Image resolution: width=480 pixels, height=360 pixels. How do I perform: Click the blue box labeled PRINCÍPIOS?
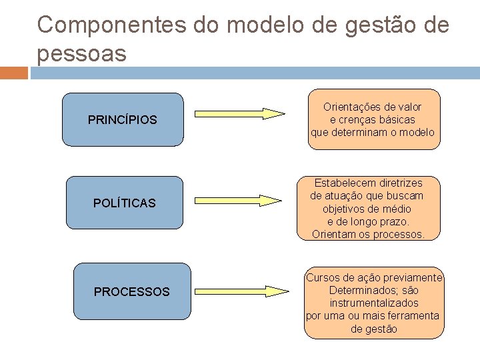pos(123,120)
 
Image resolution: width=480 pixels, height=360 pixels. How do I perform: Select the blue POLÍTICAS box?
pos(125,203)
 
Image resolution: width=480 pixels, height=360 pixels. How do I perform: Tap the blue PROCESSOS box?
pos(132,291)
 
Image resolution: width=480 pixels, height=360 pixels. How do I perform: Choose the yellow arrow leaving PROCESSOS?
pos(239,291)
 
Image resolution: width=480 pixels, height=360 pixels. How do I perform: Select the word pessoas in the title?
pos(81,53)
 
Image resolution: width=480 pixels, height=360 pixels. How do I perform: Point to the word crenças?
pos(361,119)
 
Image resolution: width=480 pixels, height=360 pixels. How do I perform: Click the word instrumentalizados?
pos(373,303)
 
